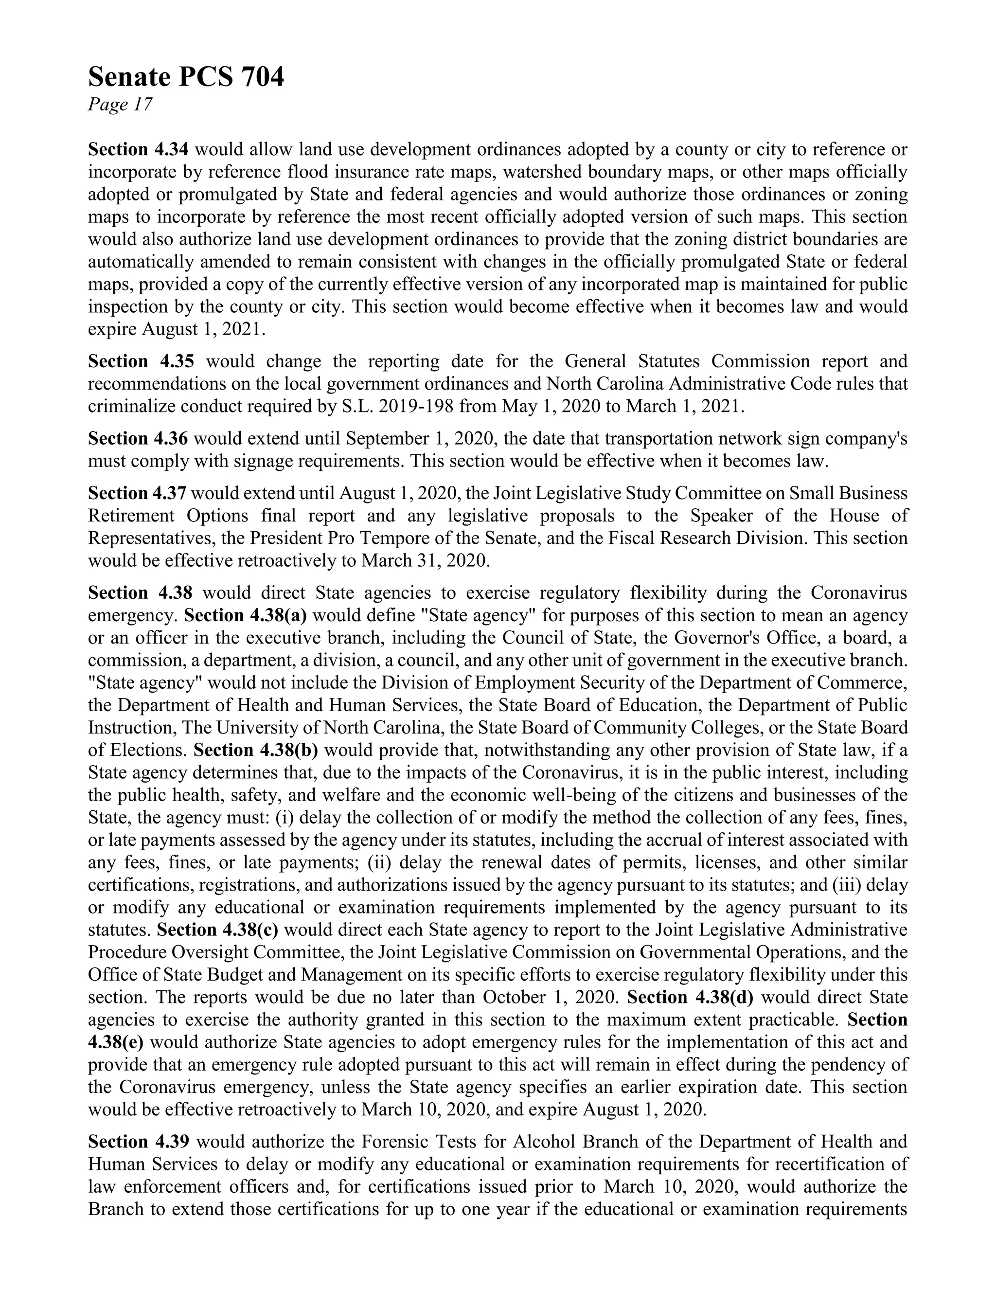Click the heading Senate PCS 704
(x=186, y=77)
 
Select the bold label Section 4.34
(x=138, y=150)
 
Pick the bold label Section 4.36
(x=138, y=439)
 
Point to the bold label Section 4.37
(x=138, y=493)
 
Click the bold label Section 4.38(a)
(x=246, y=616)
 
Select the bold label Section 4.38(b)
(x=255, y=750)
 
